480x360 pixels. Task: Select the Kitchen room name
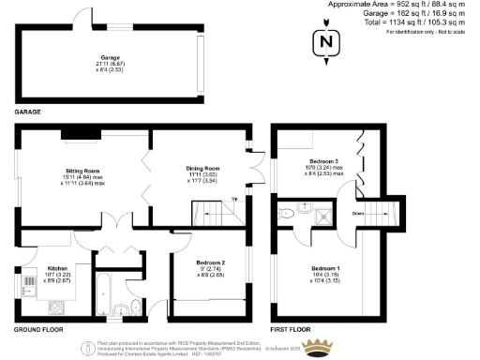[33, 269]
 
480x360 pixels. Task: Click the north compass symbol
[325, 42]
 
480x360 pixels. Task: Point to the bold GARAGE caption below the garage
[27, 112]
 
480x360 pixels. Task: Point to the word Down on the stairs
[359, 213]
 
